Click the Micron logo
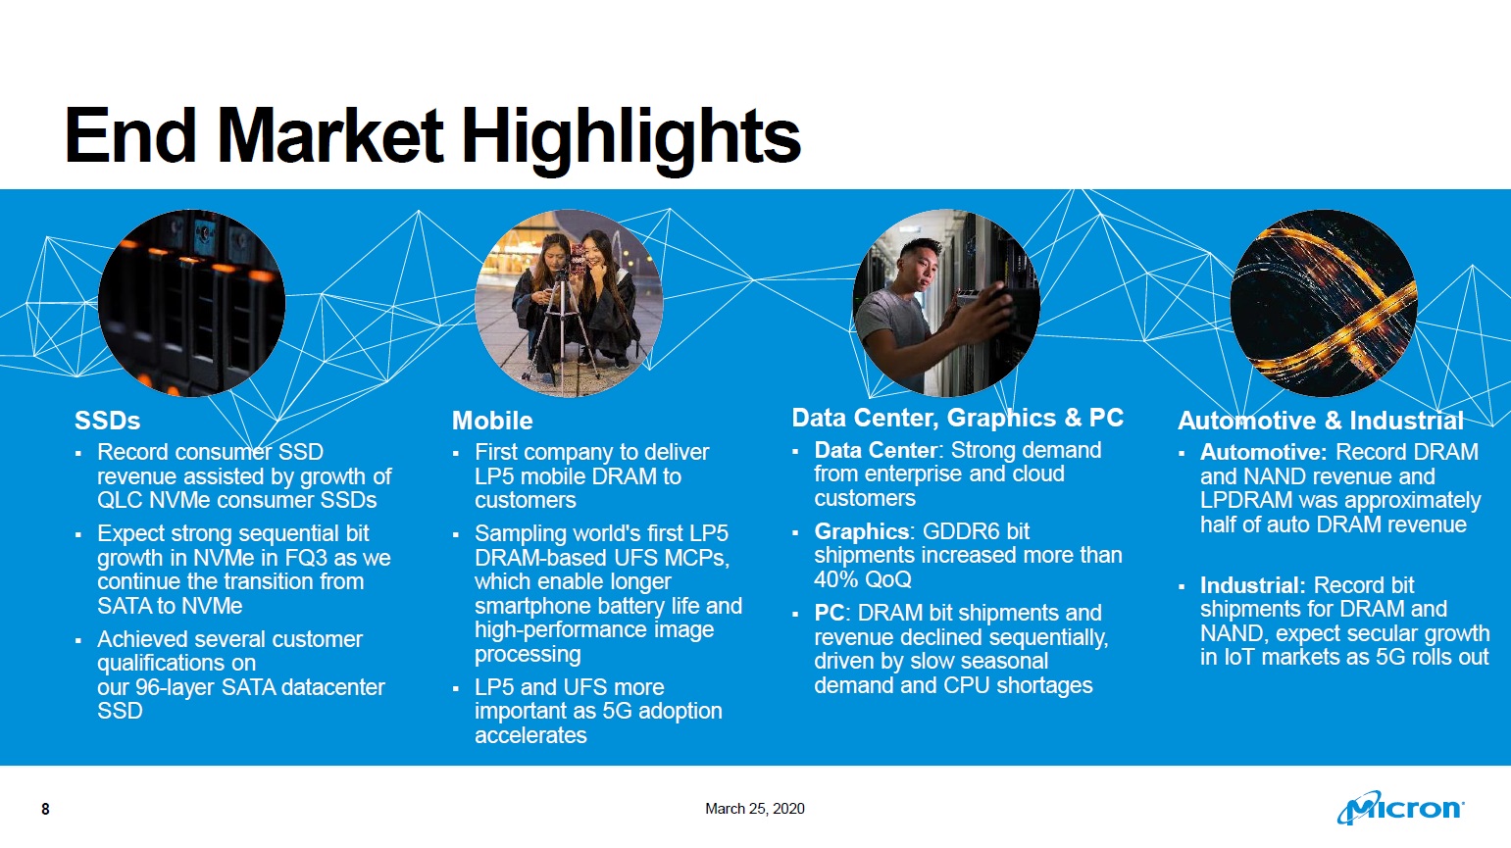[x=1400, y=808]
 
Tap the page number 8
[x=45, y=809]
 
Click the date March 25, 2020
[x=755, y=808]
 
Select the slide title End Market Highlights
[x=432, y=137]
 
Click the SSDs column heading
[x=107, y=421]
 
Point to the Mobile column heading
[x=492, y=421]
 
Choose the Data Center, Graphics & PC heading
[x=958, y=418]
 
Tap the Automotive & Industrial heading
[x=1321, y=421]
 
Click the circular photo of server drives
[x=191, y=303]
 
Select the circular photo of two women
[x=569, y=303]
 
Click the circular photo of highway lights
[x=1324, y=303]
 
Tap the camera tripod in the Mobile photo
[x=561, y=330]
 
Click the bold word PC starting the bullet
[x=830, y=613]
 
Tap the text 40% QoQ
[x=863, y=578]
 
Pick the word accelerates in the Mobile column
[x=530, y=734]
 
